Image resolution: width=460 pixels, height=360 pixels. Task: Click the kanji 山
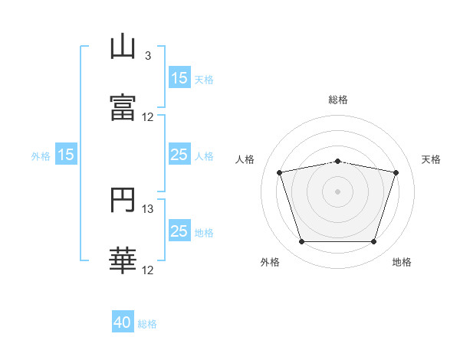coord(123,47)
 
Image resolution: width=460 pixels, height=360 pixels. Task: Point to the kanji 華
coord(123,260)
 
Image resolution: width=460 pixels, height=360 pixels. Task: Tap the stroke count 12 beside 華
coord(148,270)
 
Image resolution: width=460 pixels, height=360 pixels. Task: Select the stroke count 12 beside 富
coord(148,117)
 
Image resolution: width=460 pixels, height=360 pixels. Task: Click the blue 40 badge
coord(123,323)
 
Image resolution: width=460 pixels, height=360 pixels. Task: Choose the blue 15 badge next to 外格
coord(66,155)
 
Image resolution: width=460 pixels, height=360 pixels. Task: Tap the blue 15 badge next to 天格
coord(179,78)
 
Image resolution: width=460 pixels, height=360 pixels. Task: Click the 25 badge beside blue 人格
coord(179,155)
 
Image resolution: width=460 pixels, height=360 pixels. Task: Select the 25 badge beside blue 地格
coord(179,232)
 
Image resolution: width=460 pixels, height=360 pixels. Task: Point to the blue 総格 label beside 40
coord(147,324)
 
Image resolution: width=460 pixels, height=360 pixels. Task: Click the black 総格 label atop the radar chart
coord(338,100)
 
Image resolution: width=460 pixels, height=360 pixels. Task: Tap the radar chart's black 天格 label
coord(432,159)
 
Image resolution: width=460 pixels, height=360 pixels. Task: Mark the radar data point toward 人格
coord(280,172)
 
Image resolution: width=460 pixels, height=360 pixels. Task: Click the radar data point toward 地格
coord(373,242)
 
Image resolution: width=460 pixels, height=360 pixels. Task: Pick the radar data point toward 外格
coord(301,242)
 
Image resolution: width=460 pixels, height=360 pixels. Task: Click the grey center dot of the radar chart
coord(337,191)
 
